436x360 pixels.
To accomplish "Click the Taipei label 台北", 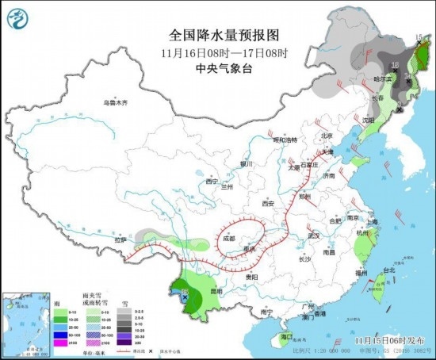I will click(x=388, y=270).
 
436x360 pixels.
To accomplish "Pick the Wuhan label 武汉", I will click(x=313, y=236).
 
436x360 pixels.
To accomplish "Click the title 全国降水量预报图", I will click(x=217, y=35).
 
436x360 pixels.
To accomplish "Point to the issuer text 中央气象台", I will click(x=217, y=68).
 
